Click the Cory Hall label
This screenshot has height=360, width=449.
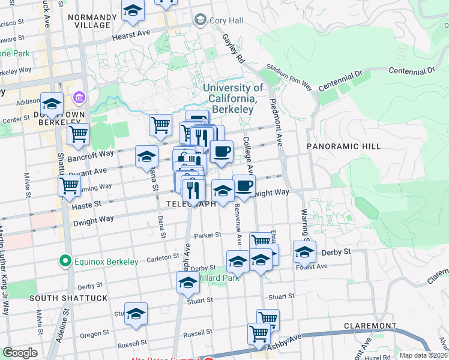(x=226, y=20)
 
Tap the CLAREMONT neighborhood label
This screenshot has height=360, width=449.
(x=370, y=326)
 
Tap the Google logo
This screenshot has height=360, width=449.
(x=20, y=353)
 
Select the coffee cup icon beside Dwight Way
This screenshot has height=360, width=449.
(x=244, y=186)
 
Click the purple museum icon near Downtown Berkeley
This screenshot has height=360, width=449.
(x=79, y=97)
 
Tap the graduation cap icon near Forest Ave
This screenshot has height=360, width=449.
(x=304, y=253)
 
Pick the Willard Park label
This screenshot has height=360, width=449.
(x=216, y=278)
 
